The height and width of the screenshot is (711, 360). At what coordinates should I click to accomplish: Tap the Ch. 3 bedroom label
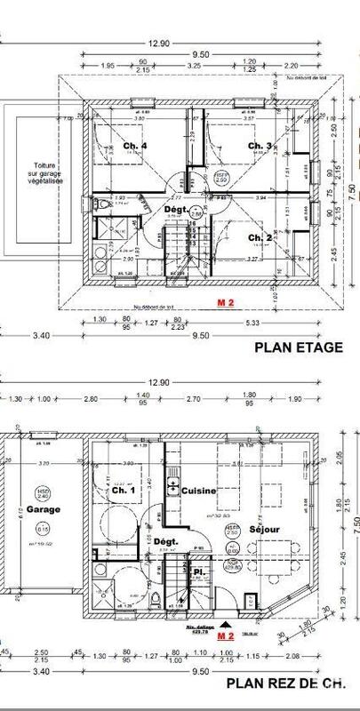point(259,146)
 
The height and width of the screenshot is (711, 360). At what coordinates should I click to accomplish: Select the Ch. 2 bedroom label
point(259,237)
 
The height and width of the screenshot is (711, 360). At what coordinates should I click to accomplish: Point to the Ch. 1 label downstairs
point(125,490)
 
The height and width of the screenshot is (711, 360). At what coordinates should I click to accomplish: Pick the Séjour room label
point(265,530)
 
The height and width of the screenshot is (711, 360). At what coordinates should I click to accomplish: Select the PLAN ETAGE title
point(298,348)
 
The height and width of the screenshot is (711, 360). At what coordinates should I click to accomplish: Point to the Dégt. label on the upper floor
point(176,210)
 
